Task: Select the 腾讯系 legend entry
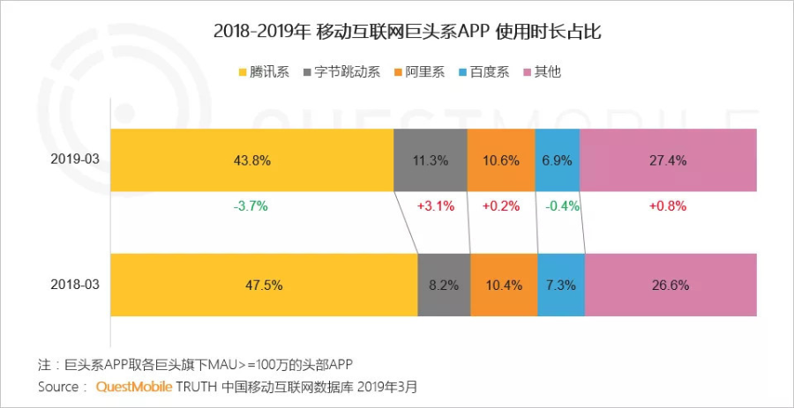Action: (264, 71)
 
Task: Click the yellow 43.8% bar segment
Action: (251, 160)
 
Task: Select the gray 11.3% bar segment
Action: (431, 160)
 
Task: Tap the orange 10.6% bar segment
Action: (501, 160)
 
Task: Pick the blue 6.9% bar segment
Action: (558, 160)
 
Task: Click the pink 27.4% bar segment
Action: (668, 160)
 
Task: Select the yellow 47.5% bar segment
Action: (264, 285)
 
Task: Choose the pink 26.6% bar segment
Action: (670, 285)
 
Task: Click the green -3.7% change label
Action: (251, 206)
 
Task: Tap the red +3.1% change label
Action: (437, 206)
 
